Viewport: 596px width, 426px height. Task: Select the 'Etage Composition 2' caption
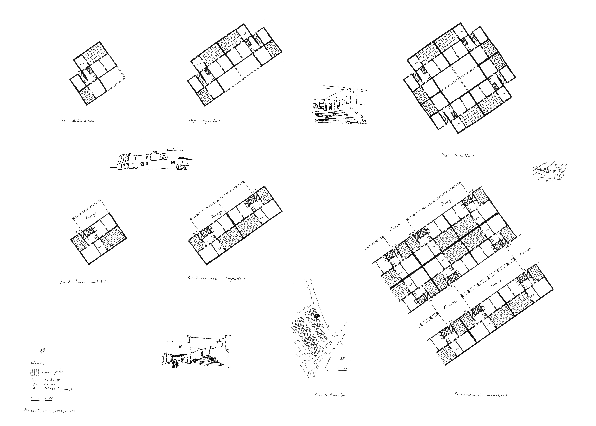[x=458, y=155]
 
